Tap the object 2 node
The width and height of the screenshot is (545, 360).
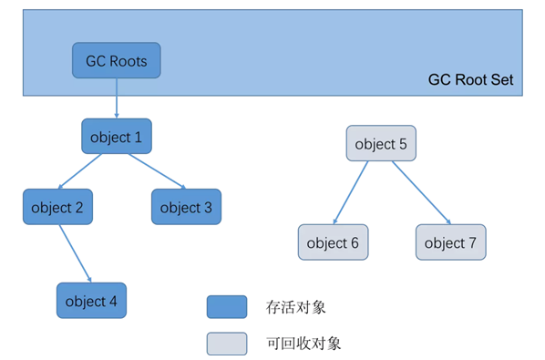(x=57, y=207)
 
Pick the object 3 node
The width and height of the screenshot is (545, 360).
(x=186, y=207)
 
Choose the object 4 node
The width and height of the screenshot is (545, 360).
(x=91, y=301)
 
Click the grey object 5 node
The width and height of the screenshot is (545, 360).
(x=381, y=144)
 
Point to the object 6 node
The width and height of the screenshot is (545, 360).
(x=333, y=242)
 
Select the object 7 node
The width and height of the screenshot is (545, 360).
(x=450, y=242)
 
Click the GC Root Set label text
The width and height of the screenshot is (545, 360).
(x=470, y=80)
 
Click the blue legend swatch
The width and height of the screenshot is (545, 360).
(x=226, y=307)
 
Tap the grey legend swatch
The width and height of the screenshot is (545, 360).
(x=226, y=343)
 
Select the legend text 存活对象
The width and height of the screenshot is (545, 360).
(x=296, y=307)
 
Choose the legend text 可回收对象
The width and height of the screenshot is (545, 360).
(x=303, y=344)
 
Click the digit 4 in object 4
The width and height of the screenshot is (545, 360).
(x=114, y=301)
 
